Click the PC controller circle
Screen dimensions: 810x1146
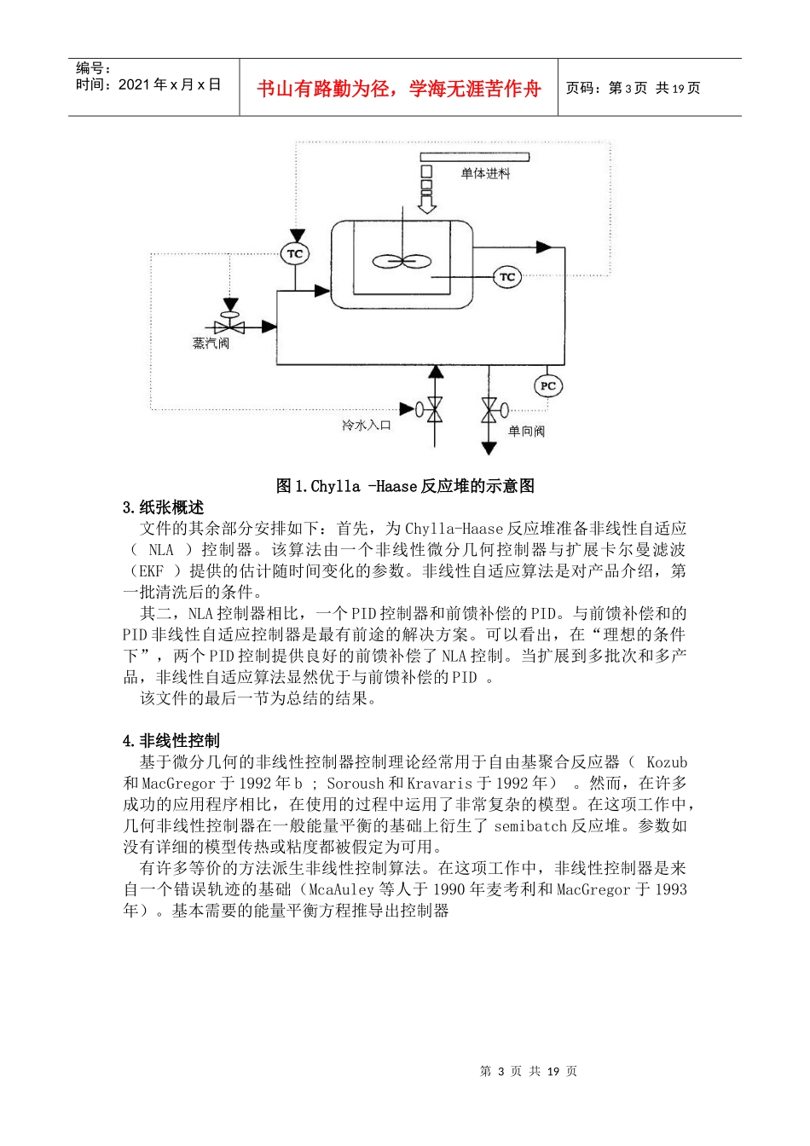[x=547, y=386]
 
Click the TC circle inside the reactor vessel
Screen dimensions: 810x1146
[x=507, y=277]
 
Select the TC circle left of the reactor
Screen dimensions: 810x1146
[x=294, y=254]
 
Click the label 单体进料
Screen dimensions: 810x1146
[x=485, y=174]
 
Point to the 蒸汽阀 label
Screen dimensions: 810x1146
[x=211, y=344]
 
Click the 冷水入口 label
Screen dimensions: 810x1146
[x=367, y=425]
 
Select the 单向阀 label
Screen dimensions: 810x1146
[x=526, y=431]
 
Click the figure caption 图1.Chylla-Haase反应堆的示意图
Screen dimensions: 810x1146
[x=405, y=486]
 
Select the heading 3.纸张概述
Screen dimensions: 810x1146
[x=163, y=507]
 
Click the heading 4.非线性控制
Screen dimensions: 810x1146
[x=171, y=740]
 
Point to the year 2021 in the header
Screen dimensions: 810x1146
[x=134, y=84]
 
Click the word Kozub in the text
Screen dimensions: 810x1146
[x=666, y=762]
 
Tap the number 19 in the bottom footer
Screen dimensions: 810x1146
[x=553, y=1072]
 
